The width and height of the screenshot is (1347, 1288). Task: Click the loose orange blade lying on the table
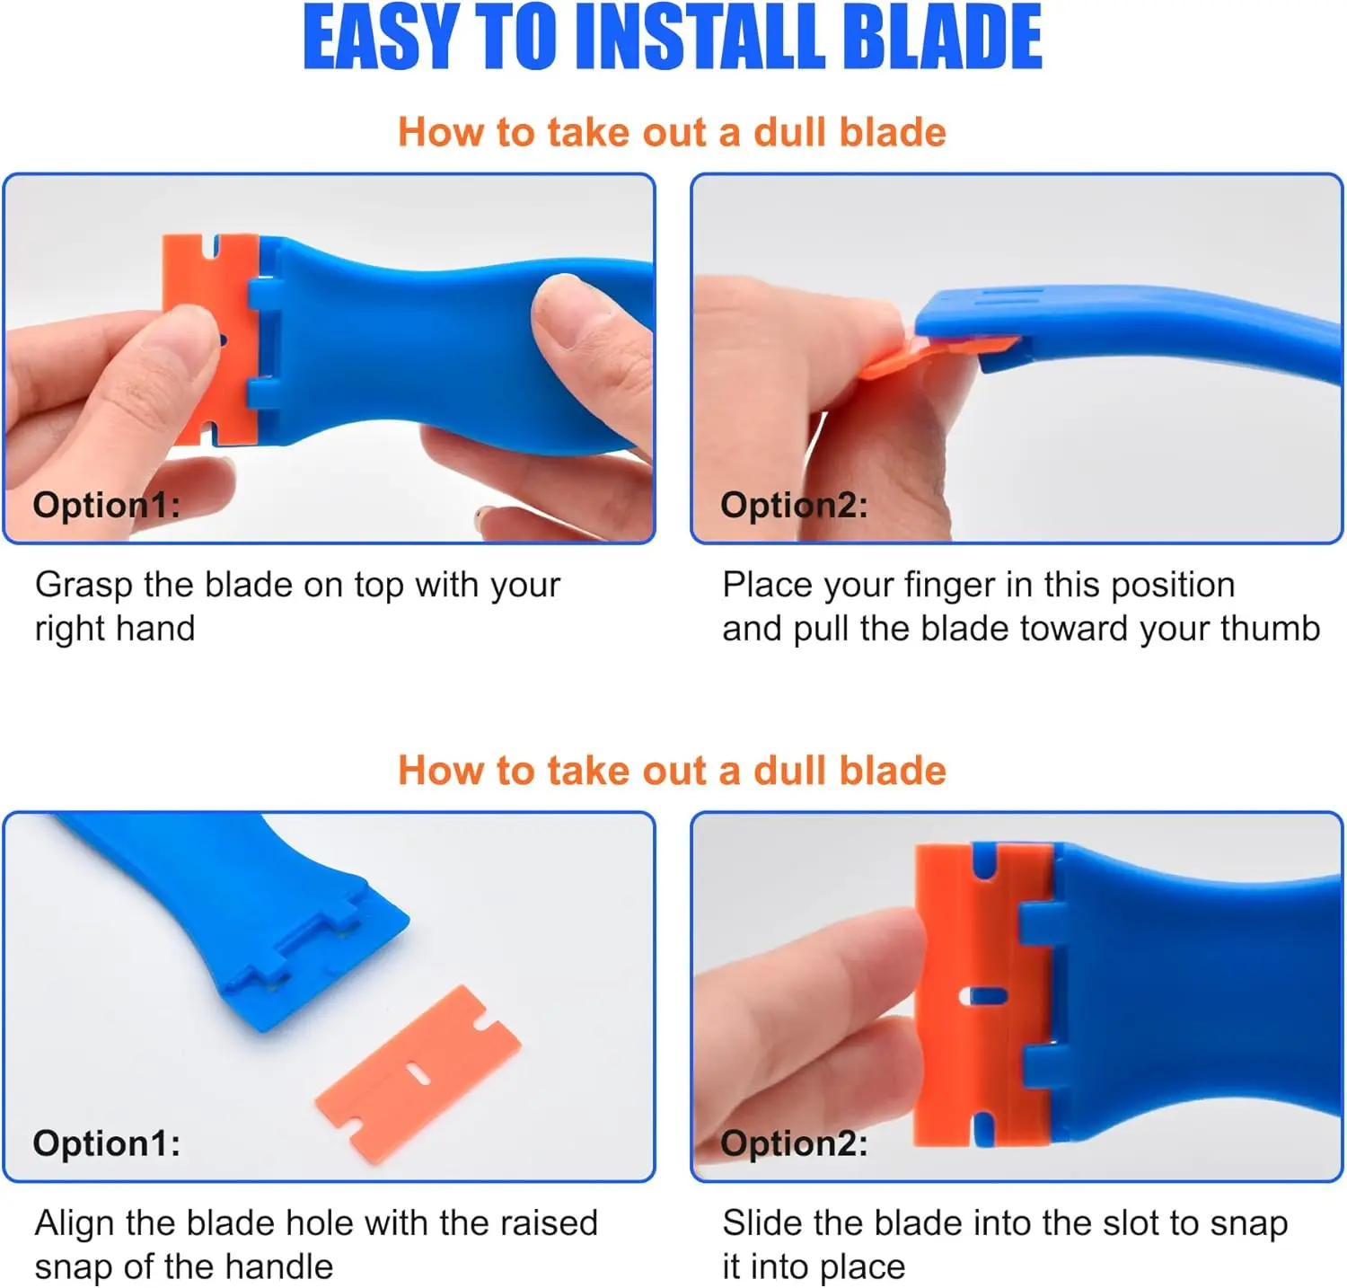coord(418,1074)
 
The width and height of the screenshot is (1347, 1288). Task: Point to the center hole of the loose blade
coord(416,1072)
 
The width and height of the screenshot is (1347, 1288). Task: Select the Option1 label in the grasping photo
coord(107,505)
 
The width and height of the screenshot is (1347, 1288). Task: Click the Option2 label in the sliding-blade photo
coord(795,1143)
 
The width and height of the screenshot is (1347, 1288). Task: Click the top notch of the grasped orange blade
coord(214,246)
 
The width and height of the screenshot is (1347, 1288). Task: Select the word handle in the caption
coord(279,1266)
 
